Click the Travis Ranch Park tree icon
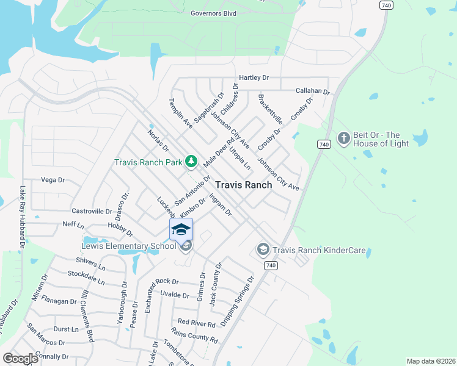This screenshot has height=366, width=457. click(192, 161)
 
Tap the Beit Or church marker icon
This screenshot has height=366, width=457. click(343, 138)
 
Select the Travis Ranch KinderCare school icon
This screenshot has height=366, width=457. click(263, 249)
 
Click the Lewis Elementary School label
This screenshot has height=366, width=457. click(129, 247)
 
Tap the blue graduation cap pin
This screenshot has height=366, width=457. click(181, 229)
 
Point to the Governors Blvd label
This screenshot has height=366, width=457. click(213, 12)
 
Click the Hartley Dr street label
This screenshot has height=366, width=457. click(254, 78)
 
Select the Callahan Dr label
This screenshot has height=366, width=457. click(312, 91)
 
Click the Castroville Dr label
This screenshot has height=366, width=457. click(92, 210)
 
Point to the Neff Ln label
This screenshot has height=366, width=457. click(73, 224)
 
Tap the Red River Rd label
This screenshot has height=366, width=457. click(197, 323)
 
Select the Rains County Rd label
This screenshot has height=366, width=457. click(194, 335)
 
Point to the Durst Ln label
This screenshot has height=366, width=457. click(66, 329)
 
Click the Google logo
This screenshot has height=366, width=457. click(21, 359)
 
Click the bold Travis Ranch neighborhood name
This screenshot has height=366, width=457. click(243, 185)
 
